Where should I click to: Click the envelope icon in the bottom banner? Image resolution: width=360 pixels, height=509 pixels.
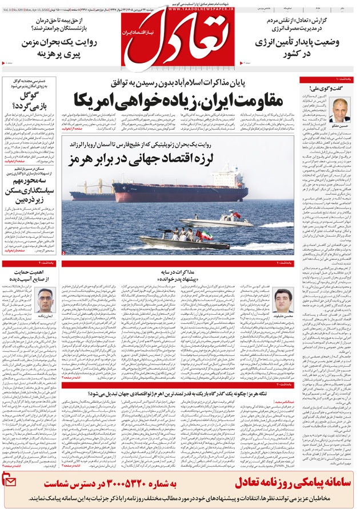(x=11, y=483)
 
